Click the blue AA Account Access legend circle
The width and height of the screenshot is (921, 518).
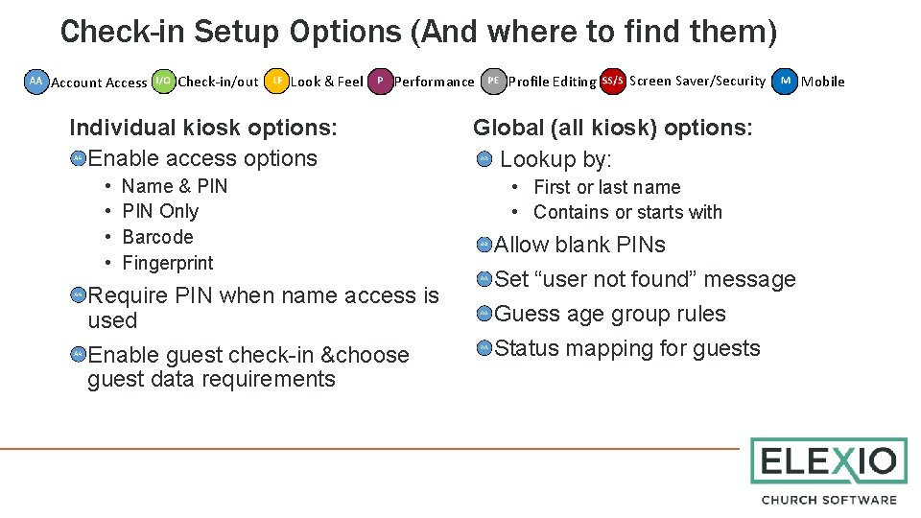36,82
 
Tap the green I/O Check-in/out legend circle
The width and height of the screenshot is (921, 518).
164,82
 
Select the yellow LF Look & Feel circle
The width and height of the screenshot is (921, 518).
277,82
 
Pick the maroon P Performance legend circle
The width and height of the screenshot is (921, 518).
380,82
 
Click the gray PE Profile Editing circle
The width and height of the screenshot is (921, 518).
493,82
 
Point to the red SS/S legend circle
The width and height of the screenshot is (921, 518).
612,81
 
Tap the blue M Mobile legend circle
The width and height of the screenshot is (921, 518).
785,81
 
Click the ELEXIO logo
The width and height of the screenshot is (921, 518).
828,462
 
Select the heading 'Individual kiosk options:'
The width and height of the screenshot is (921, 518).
203,128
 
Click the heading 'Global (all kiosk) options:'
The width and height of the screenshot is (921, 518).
613,128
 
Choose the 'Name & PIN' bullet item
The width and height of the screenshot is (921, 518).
175,186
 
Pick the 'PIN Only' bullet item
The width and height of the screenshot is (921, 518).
160,211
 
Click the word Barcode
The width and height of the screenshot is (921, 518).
157,237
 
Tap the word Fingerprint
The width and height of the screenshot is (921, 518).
168,263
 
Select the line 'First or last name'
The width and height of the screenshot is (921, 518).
606,187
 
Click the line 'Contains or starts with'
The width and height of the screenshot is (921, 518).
627,212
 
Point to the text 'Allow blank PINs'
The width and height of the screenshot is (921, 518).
579,245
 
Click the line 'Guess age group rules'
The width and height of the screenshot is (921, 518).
609,314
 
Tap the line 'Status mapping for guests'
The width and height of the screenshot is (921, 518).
626,348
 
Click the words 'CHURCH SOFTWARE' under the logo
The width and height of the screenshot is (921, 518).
829,500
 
